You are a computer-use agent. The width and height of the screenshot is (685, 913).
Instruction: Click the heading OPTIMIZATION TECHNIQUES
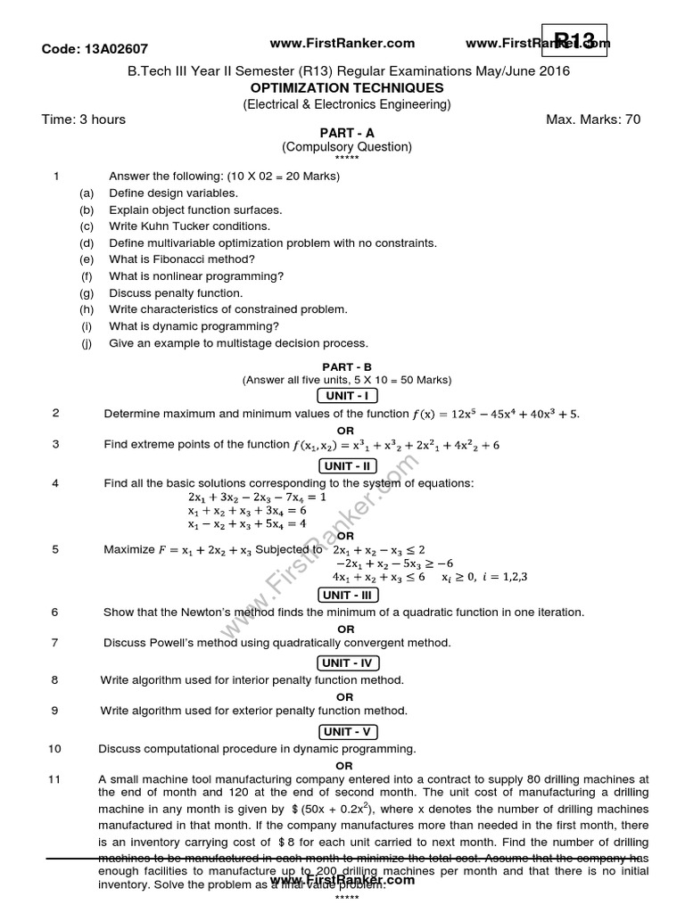pyautogui.click(x=347, y=88)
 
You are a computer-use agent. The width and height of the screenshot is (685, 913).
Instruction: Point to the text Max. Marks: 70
pyautogui.click(x=597, y=119)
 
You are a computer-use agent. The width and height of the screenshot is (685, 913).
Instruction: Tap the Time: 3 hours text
pyautogui.click(x=84, y=119)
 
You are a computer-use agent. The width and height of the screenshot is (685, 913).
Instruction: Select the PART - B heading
pyautogui.click(x=347, y=366)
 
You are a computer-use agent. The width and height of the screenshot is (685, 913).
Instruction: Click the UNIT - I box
pyautogui.click(x=347, y=395)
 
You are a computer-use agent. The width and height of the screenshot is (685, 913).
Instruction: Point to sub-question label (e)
pyautogui.click(x=87, y=259)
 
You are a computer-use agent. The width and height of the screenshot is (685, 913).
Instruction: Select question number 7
pyautogui.click(x=55, y=642)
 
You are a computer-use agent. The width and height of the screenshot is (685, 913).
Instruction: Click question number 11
pyautogui.click(x=54, y=779)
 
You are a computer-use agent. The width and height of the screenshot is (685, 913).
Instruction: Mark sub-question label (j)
pyautogui.click(x=87, y=343)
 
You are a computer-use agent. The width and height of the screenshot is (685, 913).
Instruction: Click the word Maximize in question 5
pyautogui.click(x=129, y=549)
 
